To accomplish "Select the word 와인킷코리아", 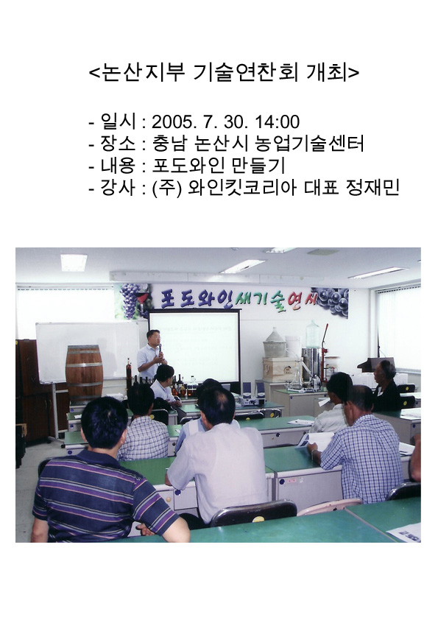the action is tap(242, 188).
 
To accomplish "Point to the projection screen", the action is tap(194, 347).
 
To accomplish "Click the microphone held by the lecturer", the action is tap(160, 350).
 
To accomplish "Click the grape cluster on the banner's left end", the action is tap(130, 300).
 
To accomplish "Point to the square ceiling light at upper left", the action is tap(73, 263).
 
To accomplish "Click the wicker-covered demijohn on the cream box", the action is tap(275, 343).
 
